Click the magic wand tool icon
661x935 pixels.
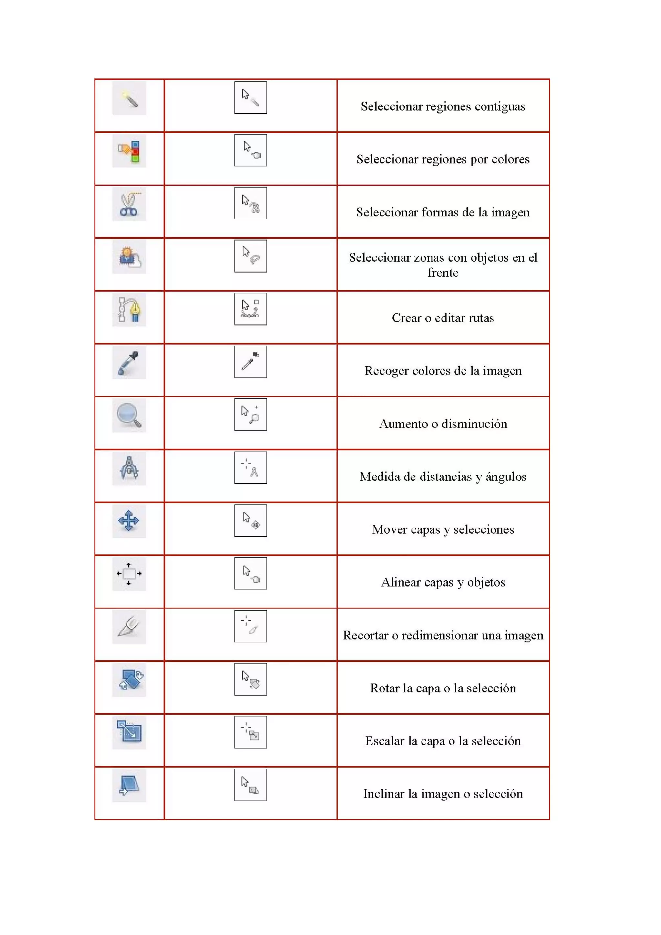coord(129,98)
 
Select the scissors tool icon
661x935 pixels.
coord(129,204)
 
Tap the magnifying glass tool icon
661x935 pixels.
coord(129,415)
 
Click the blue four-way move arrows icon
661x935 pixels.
coord(129,521)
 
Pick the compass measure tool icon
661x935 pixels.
coord(129,468)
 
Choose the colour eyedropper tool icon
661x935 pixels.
coord(129,362)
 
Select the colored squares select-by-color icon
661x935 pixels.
coord(129,151)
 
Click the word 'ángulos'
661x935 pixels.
coord(506,477)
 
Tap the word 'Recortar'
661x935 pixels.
coord(365,635)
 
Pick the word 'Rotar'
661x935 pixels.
coord(384,688)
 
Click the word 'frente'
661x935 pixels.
coord(443,273)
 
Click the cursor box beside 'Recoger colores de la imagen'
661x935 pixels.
coord(250,362)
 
